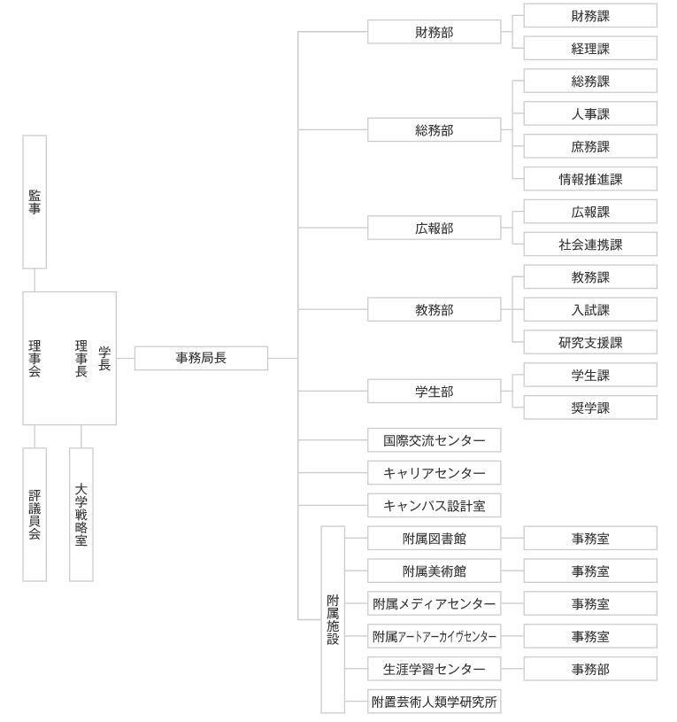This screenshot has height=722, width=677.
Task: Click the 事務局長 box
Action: pyautogui.click(x=201, y=358)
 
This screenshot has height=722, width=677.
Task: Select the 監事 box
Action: pyautogui.click(x=35, y=202)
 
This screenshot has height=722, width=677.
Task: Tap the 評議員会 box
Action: pyautogui.click(x=35, y=515)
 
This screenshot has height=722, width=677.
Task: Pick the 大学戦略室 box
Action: pyautogui.click(x=81, y=515)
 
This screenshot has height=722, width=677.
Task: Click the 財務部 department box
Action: pyautogui.click(x=435, y=32)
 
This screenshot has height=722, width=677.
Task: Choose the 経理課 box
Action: pyautogui.click(x=590, y=49)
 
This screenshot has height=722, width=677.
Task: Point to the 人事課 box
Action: pyautogui.click(x=590, y=113)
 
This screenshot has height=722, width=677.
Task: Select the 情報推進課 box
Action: pyautogui.click(x=590, y=179)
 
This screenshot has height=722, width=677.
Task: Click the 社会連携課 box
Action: pyautogui.click(x=590, y=244)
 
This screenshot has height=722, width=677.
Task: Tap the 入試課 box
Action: pyautogui.click(x=590, y=309)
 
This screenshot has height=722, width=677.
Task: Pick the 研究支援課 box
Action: pyautogui.click(x=590, y=342)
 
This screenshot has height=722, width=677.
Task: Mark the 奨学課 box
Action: pyautogui.click(x=590, y=408)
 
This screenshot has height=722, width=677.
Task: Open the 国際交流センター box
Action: pyautogui.click(x=435, y=440)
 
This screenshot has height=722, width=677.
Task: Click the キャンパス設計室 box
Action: pyautogui.click(x=435, y=506)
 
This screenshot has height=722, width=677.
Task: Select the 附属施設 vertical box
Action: pyautogui.click(x=333, y=620)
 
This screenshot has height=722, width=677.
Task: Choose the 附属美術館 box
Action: pyautogui.click(x=435, y=571)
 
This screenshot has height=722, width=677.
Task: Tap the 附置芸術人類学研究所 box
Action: pyautogui.click(x=435, y=702)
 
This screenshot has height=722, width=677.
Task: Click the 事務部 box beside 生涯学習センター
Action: pyautogui.click(x=590, y=669)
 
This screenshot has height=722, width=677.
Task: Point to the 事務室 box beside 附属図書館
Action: pyautogui.click(x=590, y=539)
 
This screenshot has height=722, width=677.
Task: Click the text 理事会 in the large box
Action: pyautogui.click(x=35, y=359)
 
